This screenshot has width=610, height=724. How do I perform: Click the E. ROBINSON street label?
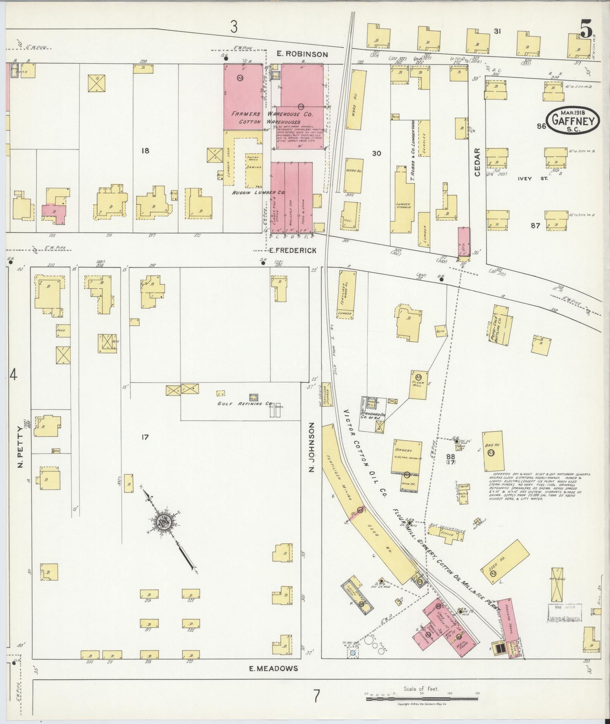click(302, 54)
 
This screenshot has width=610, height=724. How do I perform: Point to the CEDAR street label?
click(477, 162)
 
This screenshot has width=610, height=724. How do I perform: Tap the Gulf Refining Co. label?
click(240, 403)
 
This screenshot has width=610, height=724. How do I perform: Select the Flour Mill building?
click(419, 385)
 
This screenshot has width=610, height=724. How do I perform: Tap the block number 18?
click(145, 151)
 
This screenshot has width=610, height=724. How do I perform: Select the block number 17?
click(144, 438)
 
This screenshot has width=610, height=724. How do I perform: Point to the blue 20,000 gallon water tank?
click(353, 653)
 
